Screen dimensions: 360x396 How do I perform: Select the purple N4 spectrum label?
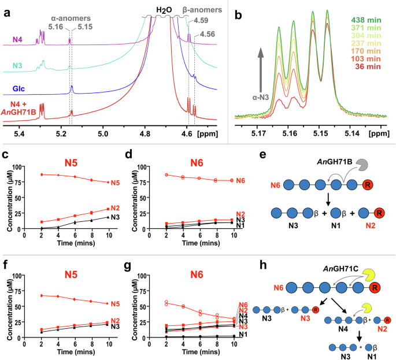18,40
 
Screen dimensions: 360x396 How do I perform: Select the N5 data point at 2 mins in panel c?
42,175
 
